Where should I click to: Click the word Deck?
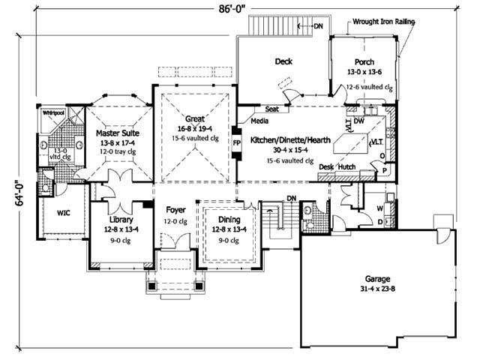[283, 61]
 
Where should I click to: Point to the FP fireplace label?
[236, 142]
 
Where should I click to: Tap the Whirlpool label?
[53, 112]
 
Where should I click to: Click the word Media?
[260, 120]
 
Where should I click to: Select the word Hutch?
[346, 168]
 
